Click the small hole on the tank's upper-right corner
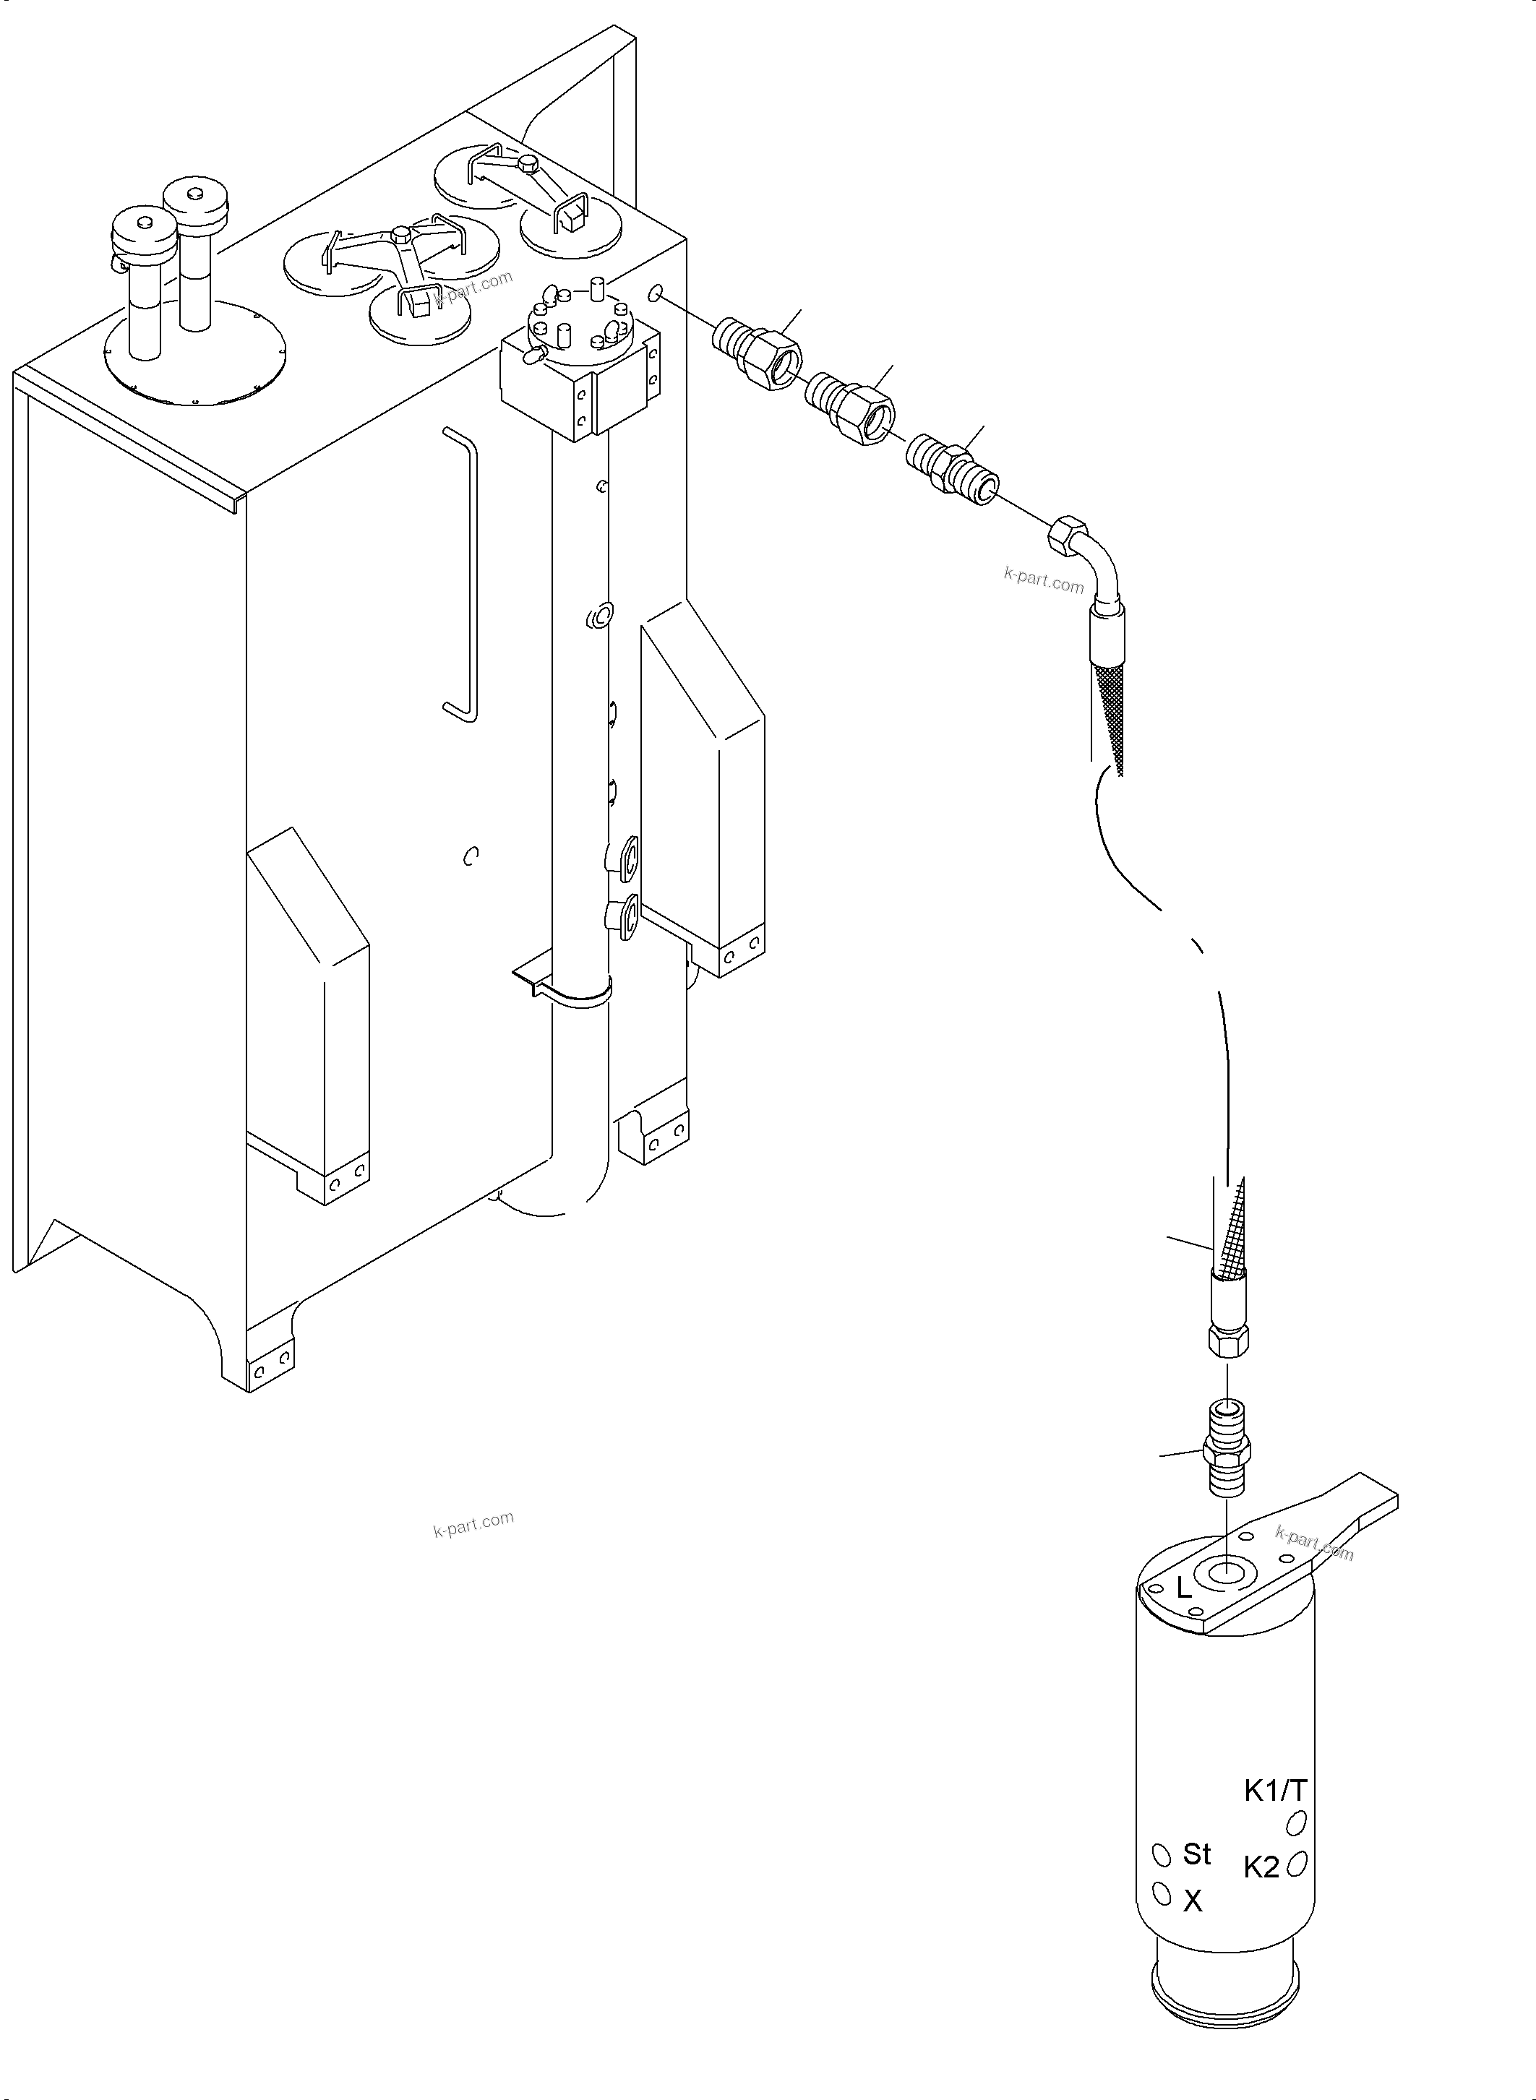click(x=656, y=294)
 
